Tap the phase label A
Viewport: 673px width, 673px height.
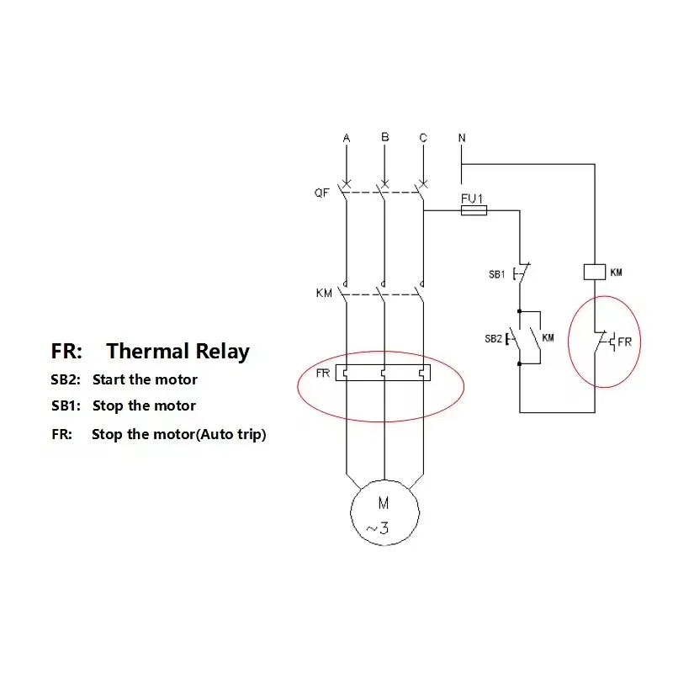point(346,138)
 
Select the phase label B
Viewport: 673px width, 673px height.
point(384,137)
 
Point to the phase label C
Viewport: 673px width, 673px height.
point(423,138)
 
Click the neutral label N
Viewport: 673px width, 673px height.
point(462,137)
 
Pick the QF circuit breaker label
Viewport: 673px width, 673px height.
point(322,193)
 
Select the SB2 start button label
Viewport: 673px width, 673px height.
point(494,337)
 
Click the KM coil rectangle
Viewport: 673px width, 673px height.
point(595,272)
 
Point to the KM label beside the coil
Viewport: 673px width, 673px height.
point(616,273)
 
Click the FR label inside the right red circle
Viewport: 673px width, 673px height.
point(624,342)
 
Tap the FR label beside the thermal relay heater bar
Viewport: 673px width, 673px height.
point(323,374)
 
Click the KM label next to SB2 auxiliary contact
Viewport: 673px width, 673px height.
point(548,337)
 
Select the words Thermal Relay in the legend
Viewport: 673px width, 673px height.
point(178,351)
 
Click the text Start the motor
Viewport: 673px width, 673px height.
point(145,380)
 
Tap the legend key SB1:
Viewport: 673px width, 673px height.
point(66,405)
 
